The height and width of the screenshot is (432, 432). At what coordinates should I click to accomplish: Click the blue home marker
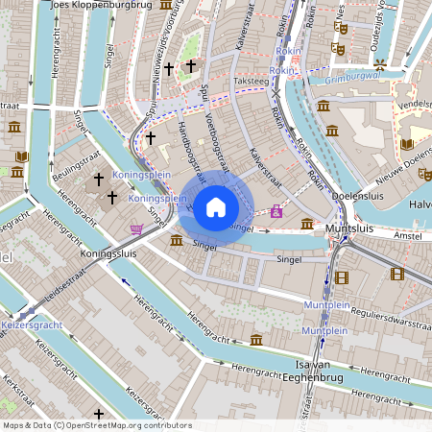pos(216,206)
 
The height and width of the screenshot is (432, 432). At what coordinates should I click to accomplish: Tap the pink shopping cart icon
pos(136,228)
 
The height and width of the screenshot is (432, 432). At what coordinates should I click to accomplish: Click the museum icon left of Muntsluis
pos(306,224)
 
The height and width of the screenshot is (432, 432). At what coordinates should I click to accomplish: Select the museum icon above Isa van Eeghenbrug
pos(256,340)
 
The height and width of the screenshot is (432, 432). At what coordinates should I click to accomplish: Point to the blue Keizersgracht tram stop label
pos(31,324)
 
